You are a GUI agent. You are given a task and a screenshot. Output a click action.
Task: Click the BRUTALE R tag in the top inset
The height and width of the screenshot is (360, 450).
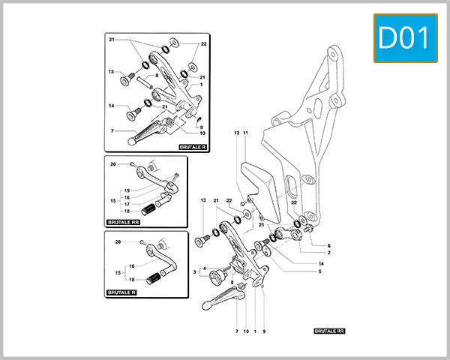[x=194, y=148]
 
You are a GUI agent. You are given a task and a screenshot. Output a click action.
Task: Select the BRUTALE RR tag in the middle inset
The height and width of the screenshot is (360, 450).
[x=124, y=223]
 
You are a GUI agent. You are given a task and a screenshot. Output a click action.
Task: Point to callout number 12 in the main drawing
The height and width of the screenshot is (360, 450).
[x=235, y=133]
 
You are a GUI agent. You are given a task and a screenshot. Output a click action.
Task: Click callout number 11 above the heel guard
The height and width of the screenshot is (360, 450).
[x=245, y=133]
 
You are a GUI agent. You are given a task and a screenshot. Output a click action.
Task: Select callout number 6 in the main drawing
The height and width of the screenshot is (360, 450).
[x=328, y=246]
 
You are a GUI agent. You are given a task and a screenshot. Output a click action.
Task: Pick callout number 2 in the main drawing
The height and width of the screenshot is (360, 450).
[x=328, y=253]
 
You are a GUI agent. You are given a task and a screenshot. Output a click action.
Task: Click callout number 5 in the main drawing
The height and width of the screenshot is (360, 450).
[x=319, y=271]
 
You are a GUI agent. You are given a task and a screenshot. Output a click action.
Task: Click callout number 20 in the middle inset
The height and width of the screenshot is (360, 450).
[x=112, y=163]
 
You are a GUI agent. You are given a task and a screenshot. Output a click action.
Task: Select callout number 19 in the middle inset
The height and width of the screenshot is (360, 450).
[x=127, y=190]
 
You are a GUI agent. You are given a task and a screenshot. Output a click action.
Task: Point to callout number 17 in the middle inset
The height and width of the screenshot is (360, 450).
[x=127, y=204]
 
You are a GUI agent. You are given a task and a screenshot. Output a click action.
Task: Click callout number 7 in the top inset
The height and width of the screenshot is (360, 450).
[x=112, y=130]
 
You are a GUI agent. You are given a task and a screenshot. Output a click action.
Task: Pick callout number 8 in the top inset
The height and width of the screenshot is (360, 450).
[x=157, y=76]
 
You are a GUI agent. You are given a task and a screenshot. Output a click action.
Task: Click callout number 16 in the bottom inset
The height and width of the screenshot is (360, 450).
[x=131, y=266]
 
